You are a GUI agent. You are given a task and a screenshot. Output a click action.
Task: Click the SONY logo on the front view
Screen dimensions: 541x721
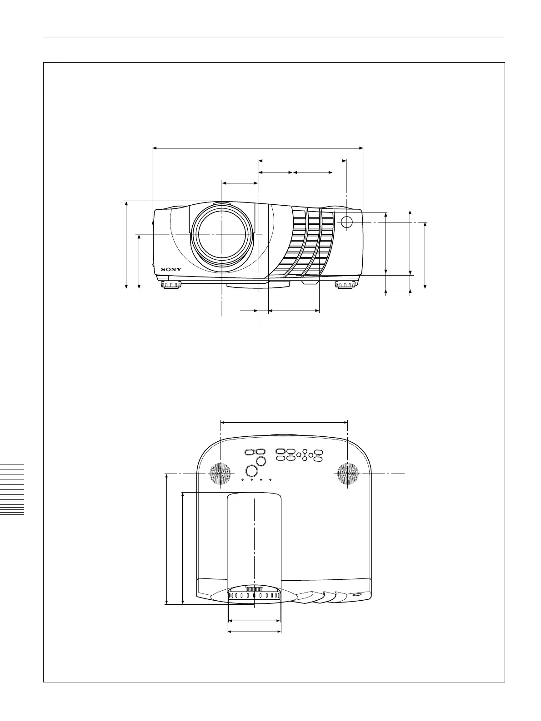pyautogui.click(x=171, y=269)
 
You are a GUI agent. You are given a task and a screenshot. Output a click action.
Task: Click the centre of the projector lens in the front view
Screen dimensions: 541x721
pyautogui.click(x=222, y=234)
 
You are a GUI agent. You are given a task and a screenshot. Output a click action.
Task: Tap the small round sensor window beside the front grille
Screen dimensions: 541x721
pyautogui.click(x=346, y=222)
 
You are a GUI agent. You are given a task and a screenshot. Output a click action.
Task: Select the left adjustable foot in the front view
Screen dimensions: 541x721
pyautogui.click(x=171, y=285)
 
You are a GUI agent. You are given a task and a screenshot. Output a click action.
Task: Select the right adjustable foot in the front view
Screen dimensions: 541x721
pyautogui.click(x=345, y=285)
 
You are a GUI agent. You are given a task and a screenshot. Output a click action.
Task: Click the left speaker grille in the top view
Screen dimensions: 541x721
pyautogui.click(x=220, y=474)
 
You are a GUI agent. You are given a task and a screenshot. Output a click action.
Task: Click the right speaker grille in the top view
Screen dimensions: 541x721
pyautogui.click(x=348, y=474)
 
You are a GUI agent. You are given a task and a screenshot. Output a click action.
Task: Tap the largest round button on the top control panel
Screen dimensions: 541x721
pyautogui.click(x=251, y=471)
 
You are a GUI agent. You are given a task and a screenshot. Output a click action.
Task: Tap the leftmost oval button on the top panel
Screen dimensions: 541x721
pyautogui.click(x=250, y=452)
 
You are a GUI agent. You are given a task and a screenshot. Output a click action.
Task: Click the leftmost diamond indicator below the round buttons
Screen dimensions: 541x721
pyautogui.click(x=242, y=480)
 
